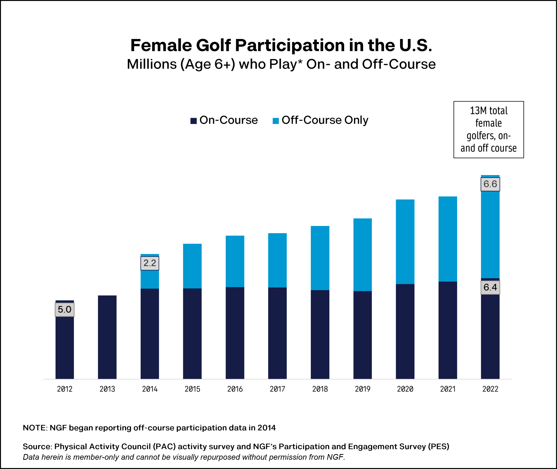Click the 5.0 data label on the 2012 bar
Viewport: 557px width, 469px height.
(x=64, y=309)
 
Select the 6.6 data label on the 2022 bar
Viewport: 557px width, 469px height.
(x=490, y=184)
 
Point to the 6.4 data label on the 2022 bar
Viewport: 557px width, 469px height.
(x=490, y=287)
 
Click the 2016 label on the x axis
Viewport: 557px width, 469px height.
(x=235, y=389)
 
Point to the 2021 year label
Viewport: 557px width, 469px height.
(x=448, y=389)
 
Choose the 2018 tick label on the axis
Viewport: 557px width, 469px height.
(x=320, y=389)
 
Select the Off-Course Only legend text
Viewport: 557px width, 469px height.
(x=325, y=120)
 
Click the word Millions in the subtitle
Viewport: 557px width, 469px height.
(x=151, y=64)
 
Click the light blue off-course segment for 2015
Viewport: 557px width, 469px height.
(x=192, y=266)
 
